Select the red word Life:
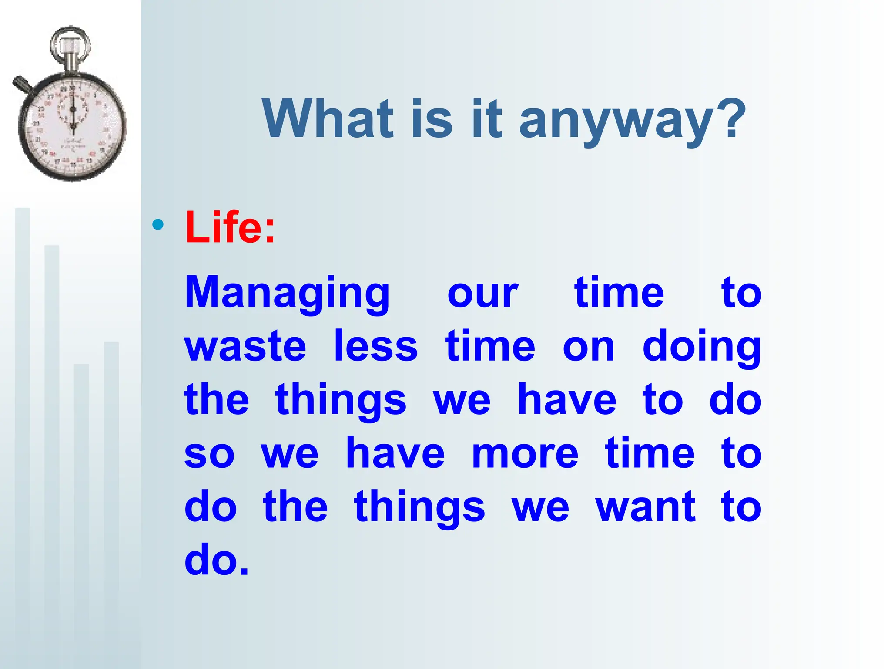point(230,227)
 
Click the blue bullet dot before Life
point(158,225)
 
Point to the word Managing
point(287,293)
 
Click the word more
point(525,453)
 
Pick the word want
point(646,507)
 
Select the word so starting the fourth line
point(209,453)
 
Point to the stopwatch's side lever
point(22,84)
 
